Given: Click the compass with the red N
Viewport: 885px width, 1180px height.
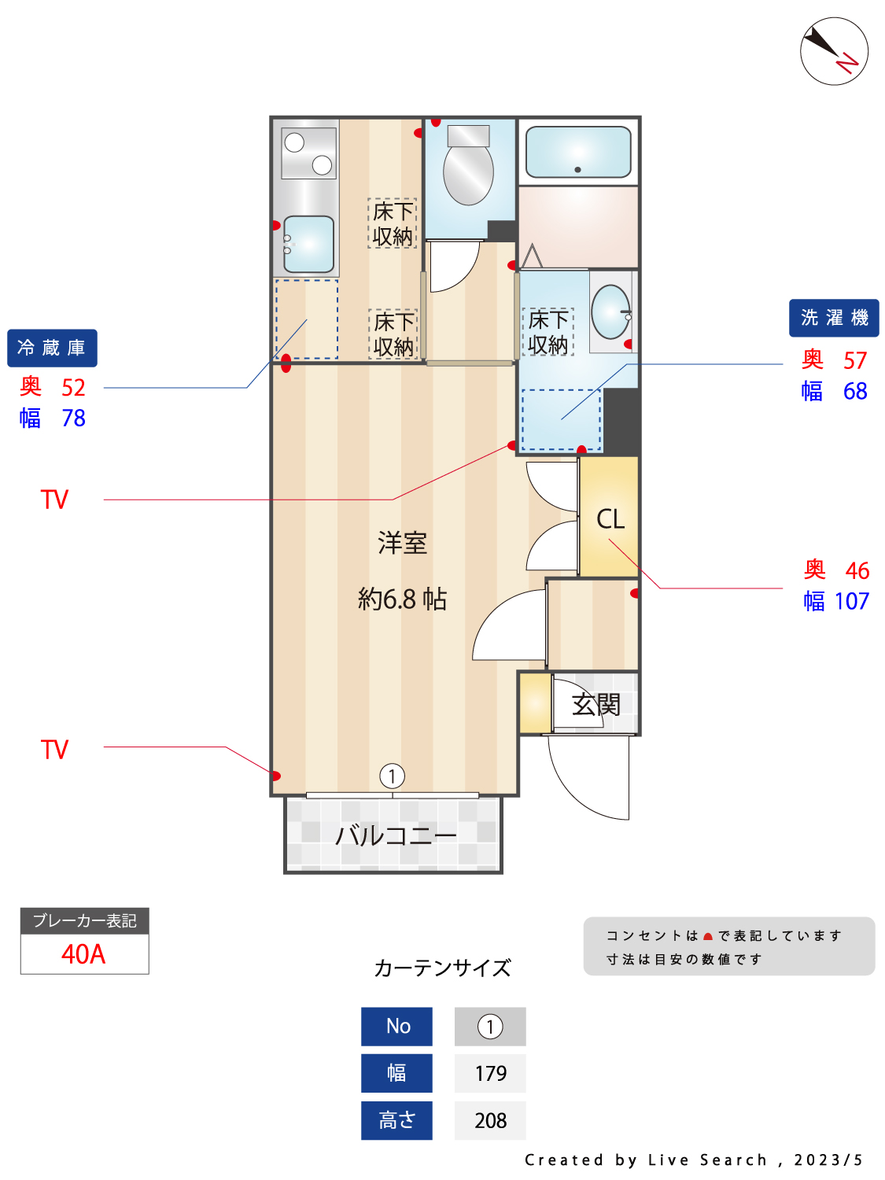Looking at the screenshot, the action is (833, 51).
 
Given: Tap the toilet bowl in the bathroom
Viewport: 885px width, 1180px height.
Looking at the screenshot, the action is (468, 172).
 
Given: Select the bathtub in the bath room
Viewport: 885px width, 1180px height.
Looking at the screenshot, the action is (577, 152).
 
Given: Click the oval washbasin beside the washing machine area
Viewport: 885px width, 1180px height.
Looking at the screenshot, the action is (610, 312).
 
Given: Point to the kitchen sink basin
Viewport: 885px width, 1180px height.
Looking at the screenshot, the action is (308, 244).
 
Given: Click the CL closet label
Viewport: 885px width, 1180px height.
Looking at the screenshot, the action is (610, 519).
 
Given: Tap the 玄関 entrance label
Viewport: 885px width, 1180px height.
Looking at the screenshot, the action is (596, 704).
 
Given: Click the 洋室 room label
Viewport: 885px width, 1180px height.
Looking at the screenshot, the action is (402, 543).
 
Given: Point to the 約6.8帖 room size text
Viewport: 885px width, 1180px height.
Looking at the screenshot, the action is (402, 599).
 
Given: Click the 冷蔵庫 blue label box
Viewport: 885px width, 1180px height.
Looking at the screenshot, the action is (52, 348).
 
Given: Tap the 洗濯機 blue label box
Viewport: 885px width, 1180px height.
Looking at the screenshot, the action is (833, 318).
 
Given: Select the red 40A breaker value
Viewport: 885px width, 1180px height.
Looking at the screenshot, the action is (83, 954).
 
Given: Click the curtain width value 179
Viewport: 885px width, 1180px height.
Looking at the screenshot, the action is (490, 1074).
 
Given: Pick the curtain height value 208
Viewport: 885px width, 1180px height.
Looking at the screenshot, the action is (490, 1120).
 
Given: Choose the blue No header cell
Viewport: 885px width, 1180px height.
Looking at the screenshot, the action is (396, 1027).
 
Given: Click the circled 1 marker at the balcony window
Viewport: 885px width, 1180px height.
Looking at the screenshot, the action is (392, 776).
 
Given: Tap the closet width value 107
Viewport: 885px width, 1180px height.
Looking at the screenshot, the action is (851, 601).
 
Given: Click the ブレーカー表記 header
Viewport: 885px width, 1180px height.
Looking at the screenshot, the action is (85, 921).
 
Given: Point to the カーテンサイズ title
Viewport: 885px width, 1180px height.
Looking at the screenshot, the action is (442, 968).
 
